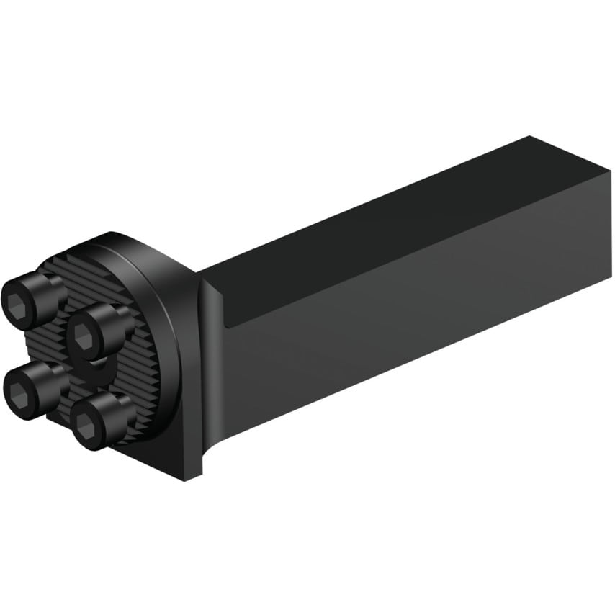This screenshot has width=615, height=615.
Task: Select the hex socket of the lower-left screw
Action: (x=17, y=392)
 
